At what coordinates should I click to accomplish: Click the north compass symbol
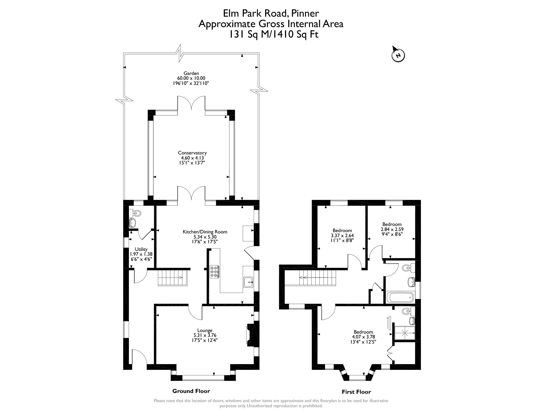pos(398,55)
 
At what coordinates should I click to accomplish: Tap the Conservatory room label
pos(192,153)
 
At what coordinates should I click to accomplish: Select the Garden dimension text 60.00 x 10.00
pos(191,78)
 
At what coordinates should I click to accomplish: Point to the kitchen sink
pos(248,282)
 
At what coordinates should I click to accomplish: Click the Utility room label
pos(141,249)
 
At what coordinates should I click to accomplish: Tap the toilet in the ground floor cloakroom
pos(136,214)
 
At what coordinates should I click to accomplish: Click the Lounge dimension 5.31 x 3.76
pos(205,335)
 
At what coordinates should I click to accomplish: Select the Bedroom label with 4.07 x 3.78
pos(363,332)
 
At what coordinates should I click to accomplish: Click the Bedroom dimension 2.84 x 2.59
pos(392,229)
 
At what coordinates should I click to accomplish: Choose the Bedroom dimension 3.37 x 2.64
pos(342,236)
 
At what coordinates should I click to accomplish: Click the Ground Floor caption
pos(191,391)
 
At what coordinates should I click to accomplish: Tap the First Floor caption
pos(356,392)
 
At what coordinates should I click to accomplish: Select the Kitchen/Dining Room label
pos(205,232)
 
